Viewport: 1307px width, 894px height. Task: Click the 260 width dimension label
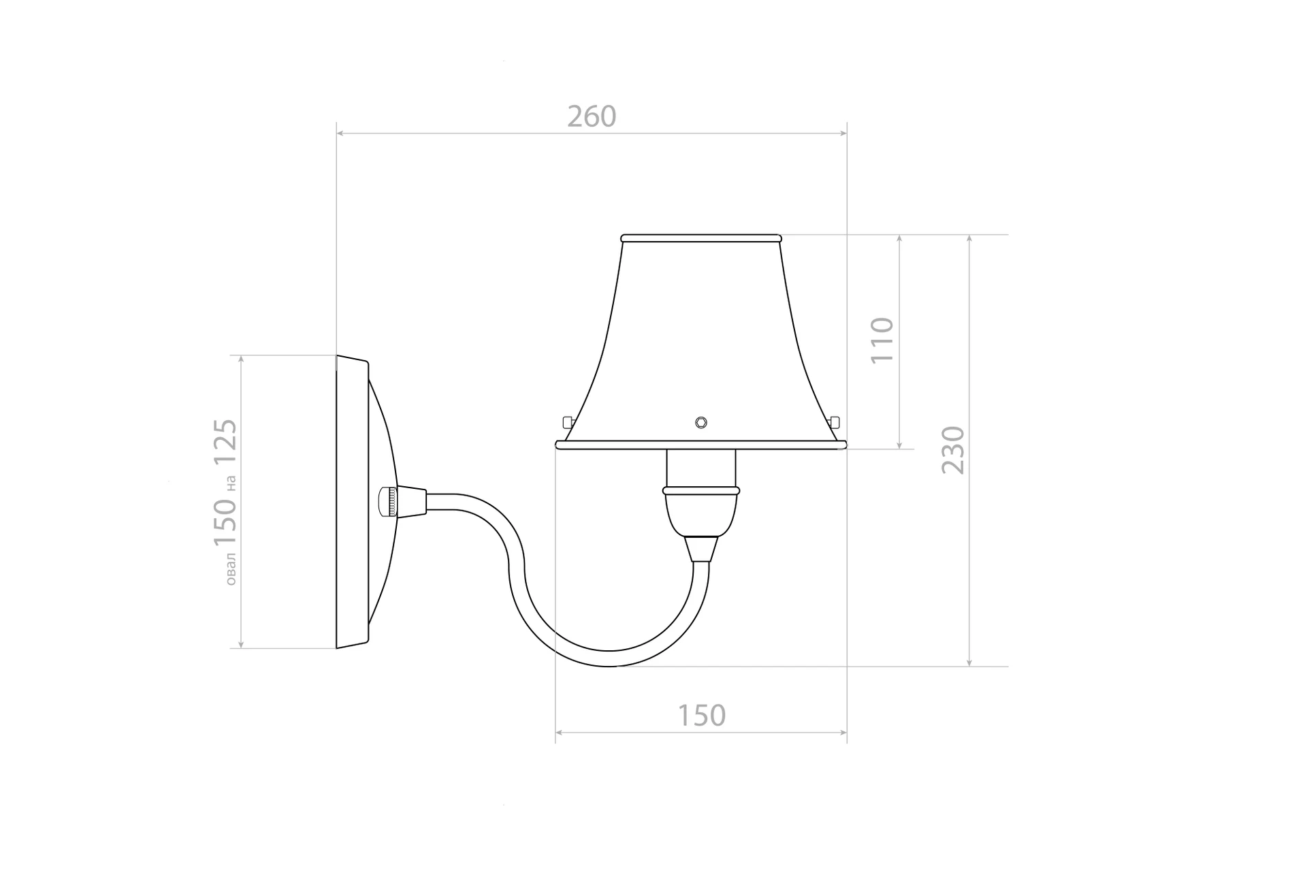(592, 116)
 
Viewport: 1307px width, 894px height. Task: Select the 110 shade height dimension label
(882, 340)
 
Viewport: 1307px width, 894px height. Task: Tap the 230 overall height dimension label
(954, 450)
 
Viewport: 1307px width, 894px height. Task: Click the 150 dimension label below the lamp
(702, 716)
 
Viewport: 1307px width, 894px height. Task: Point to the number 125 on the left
(225, 443)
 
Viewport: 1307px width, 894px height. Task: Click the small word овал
(231, 569)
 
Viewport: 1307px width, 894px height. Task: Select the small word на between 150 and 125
(231, 483)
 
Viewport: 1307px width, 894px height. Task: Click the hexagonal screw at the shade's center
(701, 422)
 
